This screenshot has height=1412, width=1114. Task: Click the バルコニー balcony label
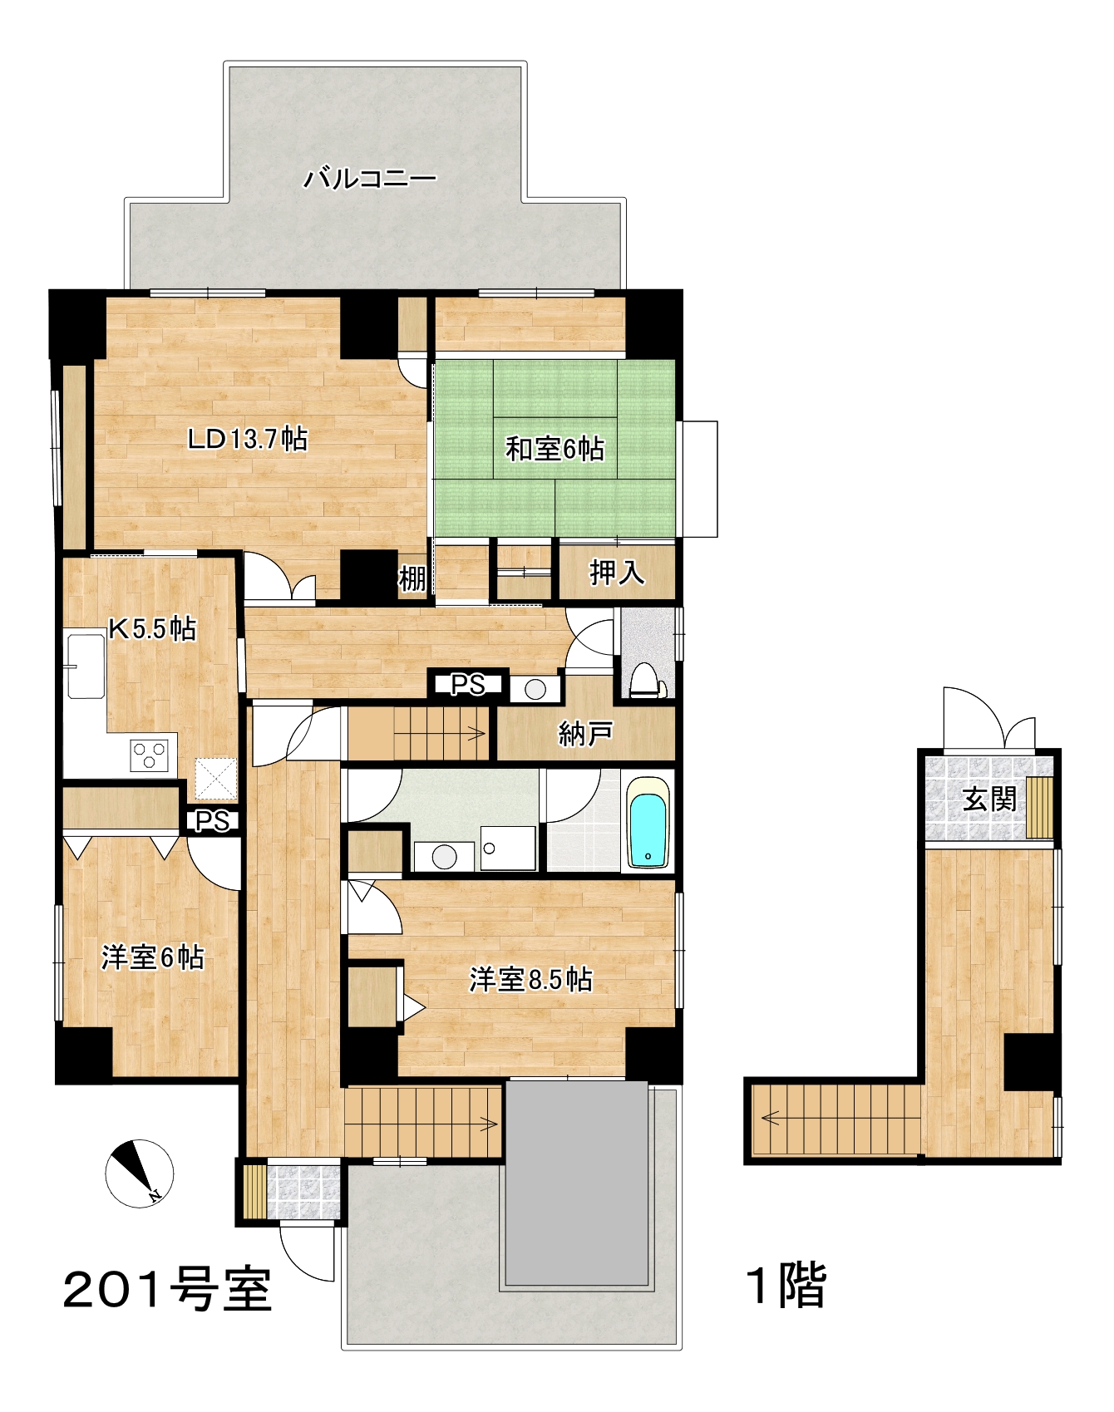tap(369, 178)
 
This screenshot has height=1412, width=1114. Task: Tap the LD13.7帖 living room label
tap(248, 438)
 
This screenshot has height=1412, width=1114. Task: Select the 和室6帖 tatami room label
tap(555, 449)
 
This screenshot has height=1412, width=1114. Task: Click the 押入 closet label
tap(617, 572)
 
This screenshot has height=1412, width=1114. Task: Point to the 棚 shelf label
tap(412, 578)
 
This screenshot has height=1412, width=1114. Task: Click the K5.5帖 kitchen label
tap(153, 628)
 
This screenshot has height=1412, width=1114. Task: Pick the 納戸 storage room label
tap(586, 733)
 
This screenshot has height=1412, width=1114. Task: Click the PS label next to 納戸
tap(467, 685)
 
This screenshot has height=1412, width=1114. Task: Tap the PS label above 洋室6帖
tap(212, 821)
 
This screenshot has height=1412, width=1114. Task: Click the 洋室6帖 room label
tap(152, 957)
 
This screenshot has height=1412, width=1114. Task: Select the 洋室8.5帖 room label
tap(530, 980)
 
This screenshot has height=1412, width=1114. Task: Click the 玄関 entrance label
tap(989, 799)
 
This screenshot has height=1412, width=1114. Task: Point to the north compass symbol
tap(139, 1173)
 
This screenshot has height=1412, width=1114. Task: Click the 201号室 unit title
tap(168, 1290)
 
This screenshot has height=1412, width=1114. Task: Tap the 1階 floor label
tap(786, 1285)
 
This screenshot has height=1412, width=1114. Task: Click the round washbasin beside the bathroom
tap(445, 857)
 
